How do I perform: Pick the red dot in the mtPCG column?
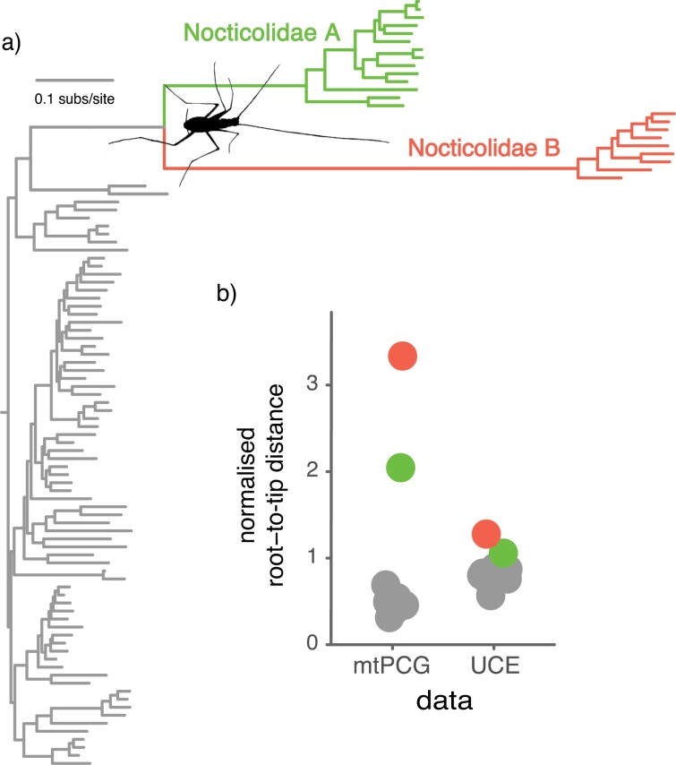coord(402,356)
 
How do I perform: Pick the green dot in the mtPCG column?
coord(400,468)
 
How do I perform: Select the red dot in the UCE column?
coord(486,535)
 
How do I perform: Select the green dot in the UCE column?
coord(503,554)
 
